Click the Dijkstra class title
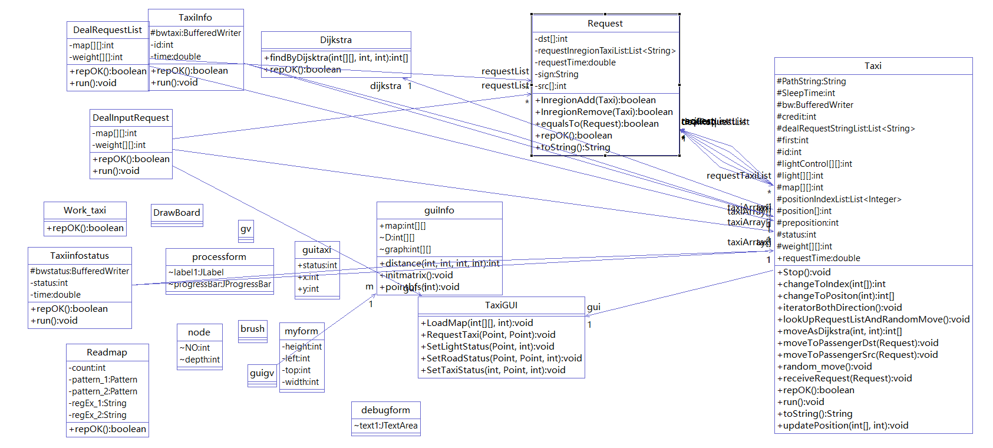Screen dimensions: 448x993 (x=336, y=40)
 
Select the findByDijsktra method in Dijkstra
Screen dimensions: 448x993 (x=336, y=58)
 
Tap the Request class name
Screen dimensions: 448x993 (x=605, y=24)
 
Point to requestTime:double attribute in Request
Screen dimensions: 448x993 (x=576, y=62)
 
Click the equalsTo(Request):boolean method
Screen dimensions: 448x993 (x=596, y=124)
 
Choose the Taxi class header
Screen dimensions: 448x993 (x=873, y=66)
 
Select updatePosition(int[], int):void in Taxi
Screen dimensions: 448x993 (x=843, y=426)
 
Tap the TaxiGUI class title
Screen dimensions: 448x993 (x=501, y=305)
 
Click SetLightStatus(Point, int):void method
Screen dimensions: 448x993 (x=487, y=347)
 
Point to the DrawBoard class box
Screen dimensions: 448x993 (x=177, y=213)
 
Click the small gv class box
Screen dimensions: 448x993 (x=246, y=229)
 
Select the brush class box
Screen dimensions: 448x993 (x=252, y=329)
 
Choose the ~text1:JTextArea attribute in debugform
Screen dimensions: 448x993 (x=386, y=426)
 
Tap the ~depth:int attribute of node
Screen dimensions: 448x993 (x=200, y=360)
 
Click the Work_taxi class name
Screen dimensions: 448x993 (x=85, y=210)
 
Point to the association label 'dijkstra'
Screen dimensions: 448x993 (x=385, y=86)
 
